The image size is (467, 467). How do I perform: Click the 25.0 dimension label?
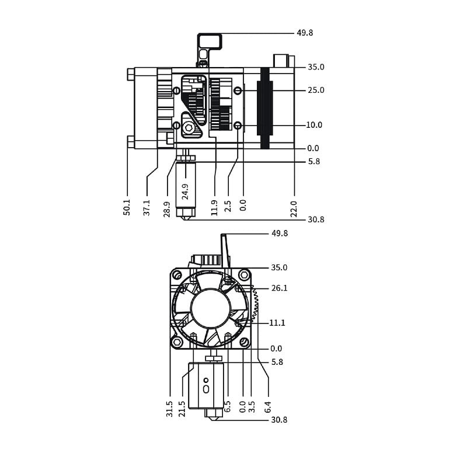[316, 90]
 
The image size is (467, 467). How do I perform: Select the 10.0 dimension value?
[314, 125]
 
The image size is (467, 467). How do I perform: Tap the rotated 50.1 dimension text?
[127, 207]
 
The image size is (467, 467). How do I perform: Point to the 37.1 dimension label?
[147, 208]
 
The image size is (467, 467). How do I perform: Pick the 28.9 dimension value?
[167, 210]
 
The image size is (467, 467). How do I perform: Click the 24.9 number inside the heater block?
[185, 191]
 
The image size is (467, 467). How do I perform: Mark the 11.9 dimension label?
[214, 208]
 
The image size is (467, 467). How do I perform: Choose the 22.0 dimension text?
[294, 209]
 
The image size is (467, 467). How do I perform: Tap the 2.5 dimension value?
[228, 206]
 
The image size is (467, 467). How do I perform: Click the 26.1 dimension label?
[280, 288]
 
